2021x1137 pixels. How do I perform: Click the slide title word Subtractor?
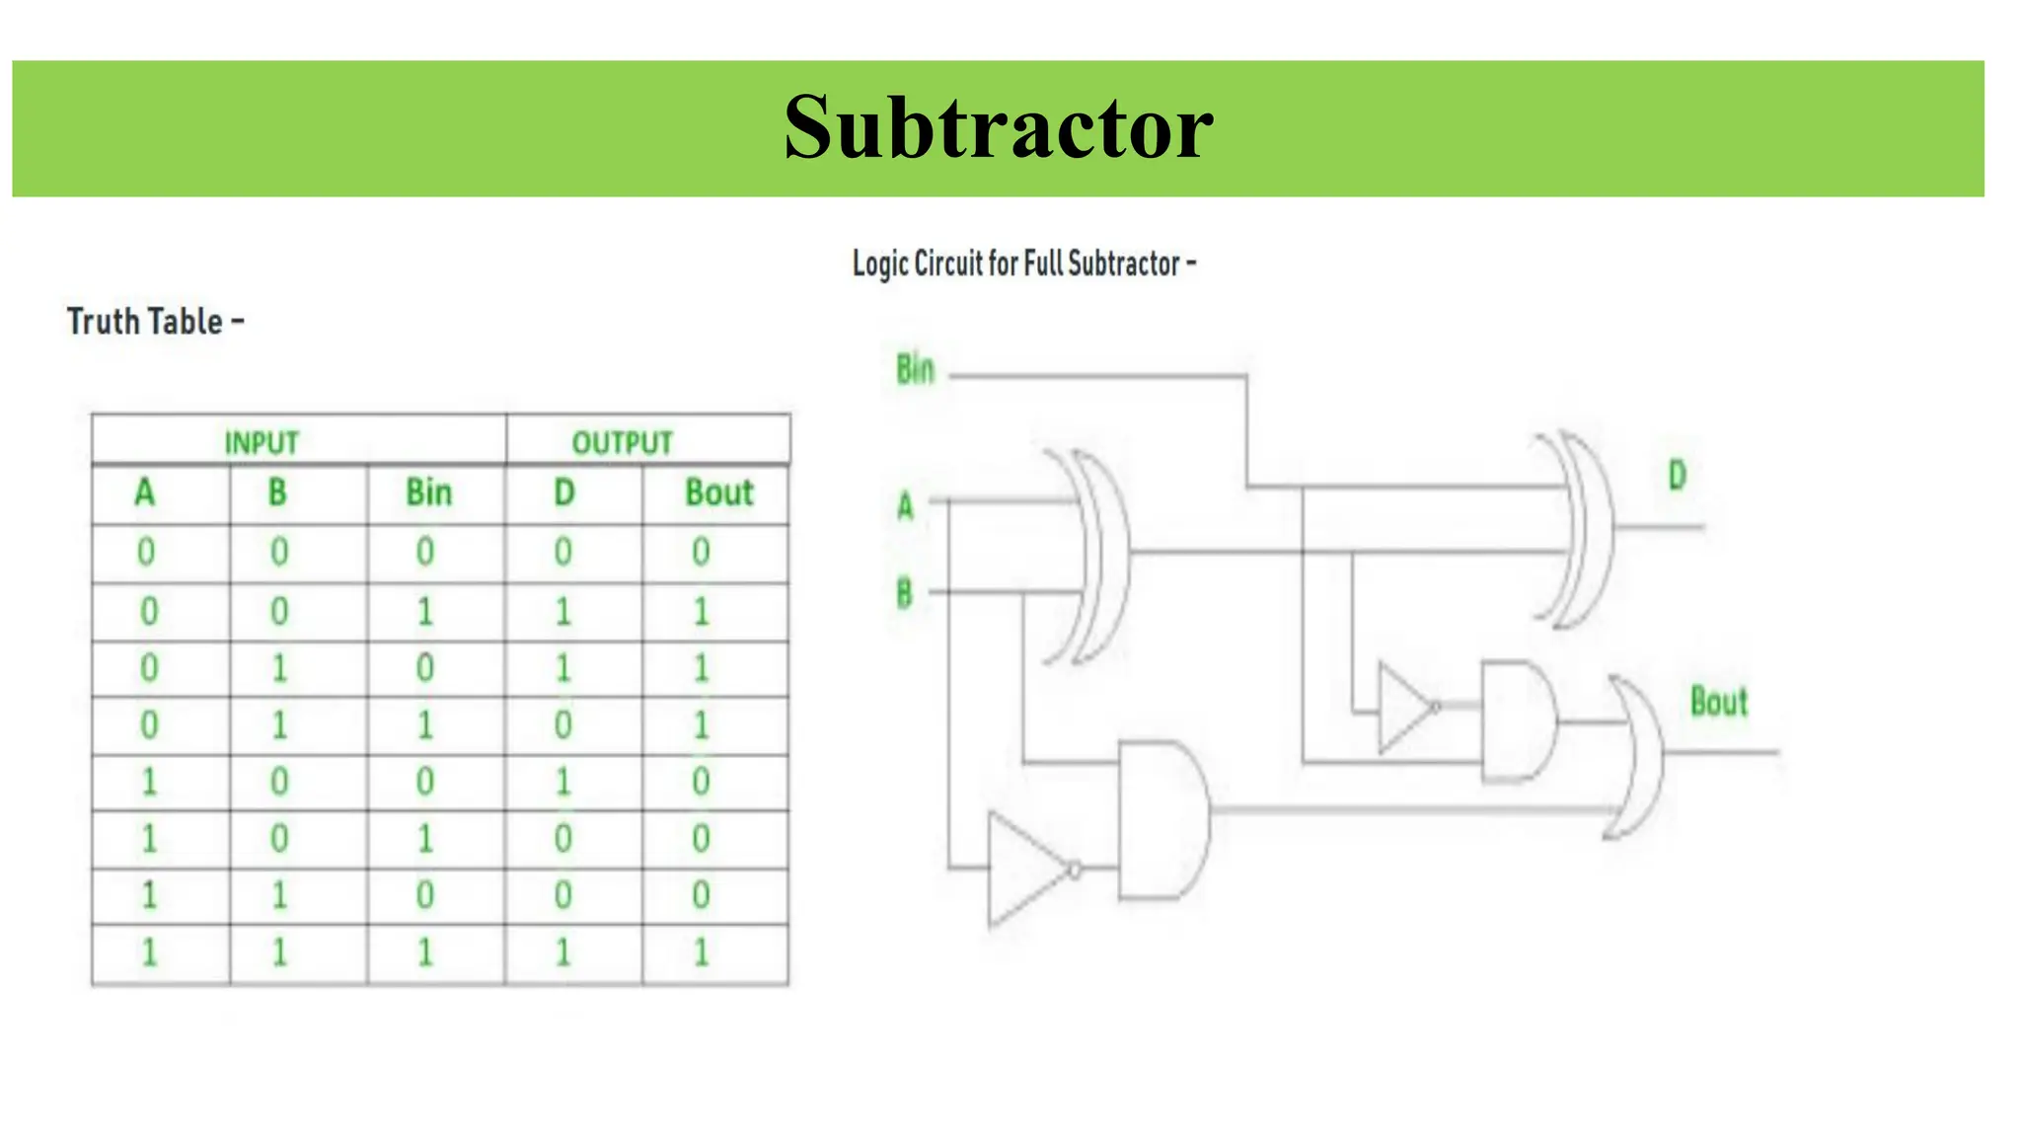pyautogui.click(x=998, y=128)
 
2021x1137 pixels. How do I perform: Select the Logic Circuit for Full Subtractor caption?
pyautogui.click(x=1023, y=264)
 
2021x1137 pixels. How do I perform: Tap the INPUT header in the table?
pyautogui.click(x=262, y=442)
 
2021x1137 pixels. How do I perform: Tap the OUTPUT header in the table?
pyautogui.click(x=622, y=442)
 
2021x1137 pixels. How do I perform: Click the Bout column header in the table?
pyautogui.click(x=718, y=493)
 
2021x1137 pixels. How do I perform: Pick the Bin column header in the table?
pyautogui.click(x=428, y=493)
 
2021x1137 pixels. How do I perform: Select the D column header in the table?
pyautogui.click(x=563, y=493)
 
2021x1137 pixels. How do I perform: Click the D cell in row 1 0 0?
pyautogui.click(x=562, y=783)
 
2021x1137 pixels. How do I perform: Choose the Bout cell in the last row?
pyautogui.click(x=702, y=953)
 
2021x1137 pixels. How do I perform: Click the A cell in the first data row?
pyautogui.click(x=146, y=552)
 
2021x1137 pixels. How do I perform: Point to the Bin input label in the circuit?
pyautogui.click(x=915, y=370)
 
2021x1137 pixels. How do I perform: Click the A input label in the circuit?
pyautogui.click(x=905, y=506)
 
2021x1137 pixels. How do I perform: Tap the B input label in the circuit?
pyautogui.click(x=904, y=594)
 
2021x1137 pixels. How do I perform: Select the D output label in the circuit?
pyautogui.click(x=1677, y=477)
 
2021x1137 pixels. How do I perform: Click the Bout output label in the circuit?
pyautogui.click(x=1718, y=703)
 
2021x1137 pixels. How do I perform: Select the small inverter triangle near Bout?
pyautogui.click(x=1403, y=707)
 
